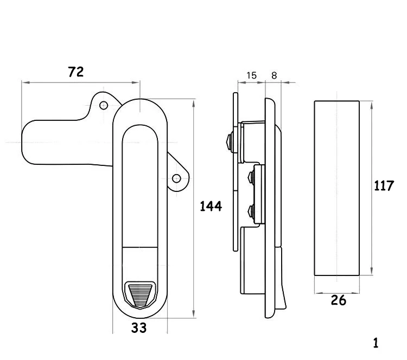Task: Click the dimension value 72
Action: pos(76,72)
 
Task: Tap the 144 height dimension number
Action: pos(211,207)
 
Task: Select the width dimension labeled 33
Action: pos(139,327)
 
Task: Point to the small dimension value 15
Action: pos(251,75)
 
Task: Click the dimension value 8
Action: pos(274,75)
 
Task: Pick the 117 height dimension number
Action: pos(384,186)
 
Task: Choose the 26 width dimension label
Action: pos(339,300)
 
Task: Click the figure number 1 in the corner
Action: pos(376,343)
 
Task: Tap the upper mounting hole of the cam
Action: pos(104,105)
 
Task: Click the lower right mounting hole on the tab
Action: pos(176,178)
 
